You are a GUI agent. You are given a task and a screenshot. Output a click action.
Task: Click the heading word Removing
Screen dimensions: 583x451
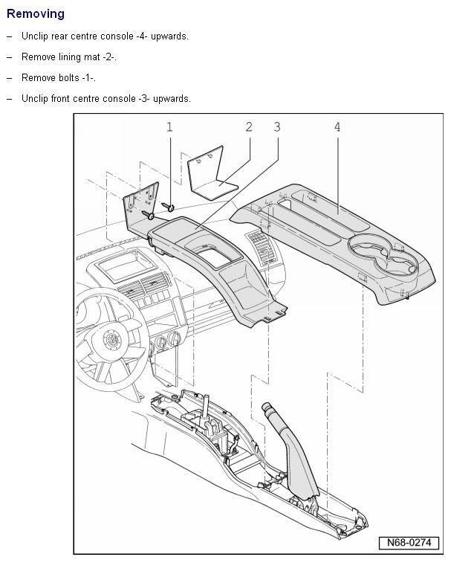pyautogui.click(x=35, y=13)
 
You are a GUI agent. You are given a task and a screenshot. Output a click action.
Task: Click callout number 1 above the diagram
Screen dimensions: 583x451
pyautogui.click(x=169, y=127)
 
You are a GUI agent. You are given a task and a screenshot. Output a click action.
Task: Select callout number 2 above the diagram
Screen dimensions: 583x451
pyautogui.click(x=250, y=127)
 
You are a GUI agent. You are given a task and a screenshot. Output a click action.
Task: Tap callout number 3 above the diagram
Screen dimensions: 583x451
pyautogui.click(x=277, y=127)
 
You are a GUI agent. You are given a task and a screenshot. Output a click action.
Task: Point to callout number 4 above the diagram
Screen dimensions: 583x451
pyautogui.click(x=337, y=127)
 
